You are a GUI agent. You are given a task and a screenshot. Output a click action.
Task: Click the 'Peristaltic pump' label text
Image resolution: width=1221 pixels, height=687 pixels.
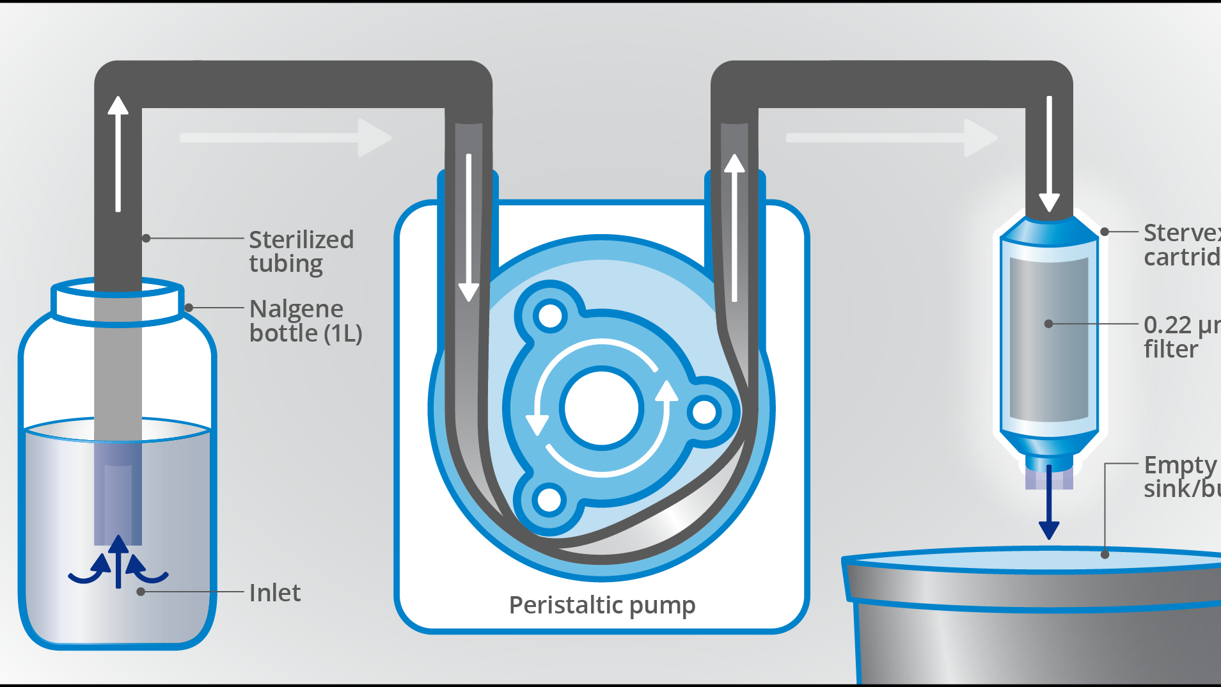(x=602, y=605)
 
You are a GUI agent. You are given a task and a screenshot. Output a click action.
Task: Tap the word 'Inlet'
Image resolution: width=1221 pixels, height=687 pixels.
(x=274, y=593)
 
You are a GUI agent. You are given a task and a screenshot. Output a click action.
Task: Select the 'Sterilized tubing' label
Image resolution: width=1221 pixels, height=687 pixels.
(x=301, y=251)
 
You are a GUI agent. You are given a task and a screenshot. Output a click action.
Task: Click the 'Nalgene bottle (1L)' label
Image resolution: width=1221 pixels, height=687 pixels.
(x=305, y=320)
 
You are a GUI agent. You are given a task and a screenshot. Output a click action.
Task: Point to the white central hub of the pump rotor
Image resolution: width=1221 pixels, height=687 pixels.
(x=602, y=407)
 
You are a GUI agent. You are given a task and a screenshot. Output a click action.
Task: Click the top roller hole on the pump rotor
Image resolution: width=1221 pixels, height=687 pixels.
(x=550, y=315)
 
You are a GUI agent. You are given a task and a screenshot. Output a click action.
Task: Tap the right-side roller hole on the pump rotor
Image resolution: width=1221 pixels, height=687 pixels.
(x=704, y=412)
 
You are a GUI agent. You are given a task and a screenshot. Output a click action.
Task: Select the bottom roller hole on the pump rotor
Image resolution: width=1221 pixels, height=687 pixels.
(x=549, y=500)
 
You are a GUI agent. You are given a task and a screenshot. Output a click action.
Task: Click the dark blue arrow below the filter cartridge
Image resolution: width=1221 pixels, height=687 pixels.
(x=1049, y=505)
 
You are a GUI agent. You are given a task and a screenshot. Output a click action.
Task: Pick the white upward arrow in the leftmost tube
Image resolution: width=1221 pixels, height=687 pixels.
(x=118, y=154)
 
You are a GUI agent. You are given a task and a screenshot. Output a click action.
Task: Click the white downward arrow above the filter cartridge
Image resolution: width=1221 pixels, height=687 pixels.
(x=1049, y=154)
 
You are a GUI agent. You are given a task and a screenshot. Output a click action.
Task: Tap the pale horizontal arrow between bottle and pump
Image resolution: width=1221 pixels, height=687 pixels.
(x=285, y=138)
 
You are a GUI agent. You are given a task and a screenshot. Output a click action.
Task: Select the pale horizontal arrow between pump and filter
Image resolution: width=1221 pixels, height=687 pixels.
(x=891, y=138)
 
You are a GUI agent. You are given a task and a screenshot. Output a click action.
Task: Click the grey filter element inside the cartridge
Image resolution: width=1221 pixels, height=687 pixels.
(x=1049, y=339)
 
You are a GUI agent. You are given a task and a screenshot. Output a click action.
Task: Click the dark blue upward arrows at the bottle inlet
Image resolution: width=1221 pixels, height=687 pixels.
(x=118, y=563)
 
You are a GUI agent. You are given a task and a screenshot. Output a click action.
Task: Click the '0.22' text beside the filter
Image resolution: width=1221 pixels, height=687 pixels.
(x=1167, y=325)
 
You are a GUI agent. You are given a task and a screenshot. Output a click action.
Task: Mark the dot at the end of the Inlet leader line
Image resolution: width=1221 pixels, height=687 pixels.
(x=141, y=592)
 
